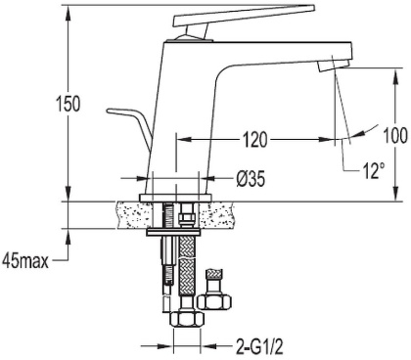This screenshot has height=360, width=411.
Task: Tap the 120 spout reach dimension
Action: coord(255,140)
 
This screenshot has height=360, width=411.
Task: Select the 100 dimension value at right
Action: coord(395,137)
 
